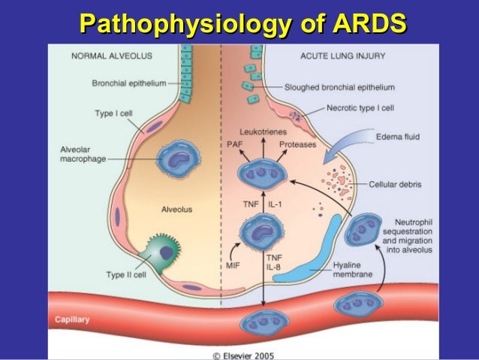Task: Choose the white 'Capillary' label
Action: tap(72, 319)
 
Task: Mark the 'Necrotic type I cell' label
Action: tap(360, 107)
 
